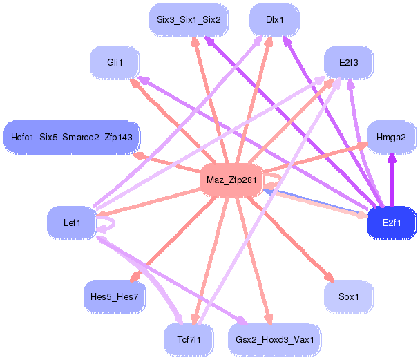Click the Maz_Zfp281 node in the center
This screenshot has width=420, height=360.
[231, 181]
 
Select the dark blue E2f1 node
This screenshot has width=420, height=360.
[391, 222]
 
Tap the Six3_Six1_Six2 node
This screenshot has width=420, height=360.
[189, 19]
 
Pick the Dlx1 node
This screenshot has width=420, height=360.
[274, 19]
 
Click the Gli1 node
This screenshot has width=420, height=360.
[115, 64]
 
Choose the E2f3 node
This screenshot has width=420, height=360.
[348, 64]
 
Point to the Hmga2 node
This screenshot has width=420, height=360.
[391, 137]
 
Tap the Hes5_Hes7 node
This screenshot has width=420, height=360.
[114, 296]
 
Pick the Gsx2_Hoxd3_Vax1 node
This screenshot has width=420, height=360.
[274, 339]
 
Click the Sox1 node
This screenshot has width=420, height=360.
[348, 296]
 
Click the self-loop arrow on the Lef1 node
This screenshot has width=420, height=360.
[109, 222]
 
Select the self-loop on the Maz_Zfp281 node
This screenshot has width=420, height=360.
[274, 181]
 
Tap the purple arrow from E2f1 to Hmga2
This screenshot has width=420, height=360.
[392, 180]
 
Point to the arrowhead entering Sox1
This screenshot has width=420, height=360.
[329, 277]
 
